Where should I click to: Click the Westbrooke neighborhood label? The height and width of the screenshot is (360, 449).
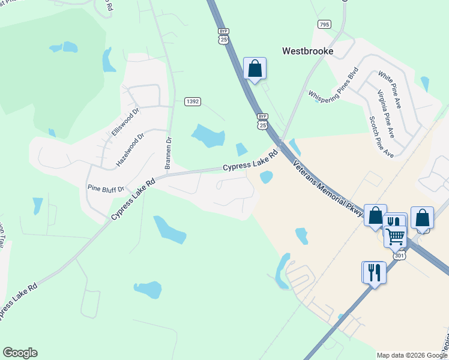click(307, 51)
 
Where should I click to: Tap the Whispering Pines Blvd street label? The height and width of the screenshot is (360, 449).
click(333, 85)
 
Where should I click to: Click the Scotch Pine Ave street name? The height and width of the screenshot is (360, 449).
click(381, 137)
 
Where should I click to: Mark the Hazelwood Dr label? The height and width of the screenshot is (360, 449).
click(131, 149)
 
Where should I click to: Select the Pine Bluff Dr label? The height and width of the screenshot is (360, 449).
click(105, 188)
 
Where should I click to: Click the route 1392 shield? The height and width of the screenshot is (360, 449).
click(192, 102)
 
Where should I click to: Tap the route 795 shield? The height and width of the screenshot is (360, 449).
click(324, 24)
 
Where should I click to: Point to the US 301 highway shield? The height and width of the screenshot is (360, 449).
click(400, 256)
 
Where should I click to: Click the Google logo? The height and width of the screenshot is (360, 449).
click(20, 353)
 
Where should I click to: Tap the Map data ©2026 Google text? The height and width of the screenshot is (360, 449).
click(411, 355)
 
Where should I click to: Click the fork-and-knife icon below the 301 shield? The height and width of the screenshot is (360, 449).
click(372, 272)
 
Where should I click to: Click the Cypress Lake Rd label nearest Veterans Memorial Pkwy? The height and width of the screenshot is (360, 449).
click(251, 161)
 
